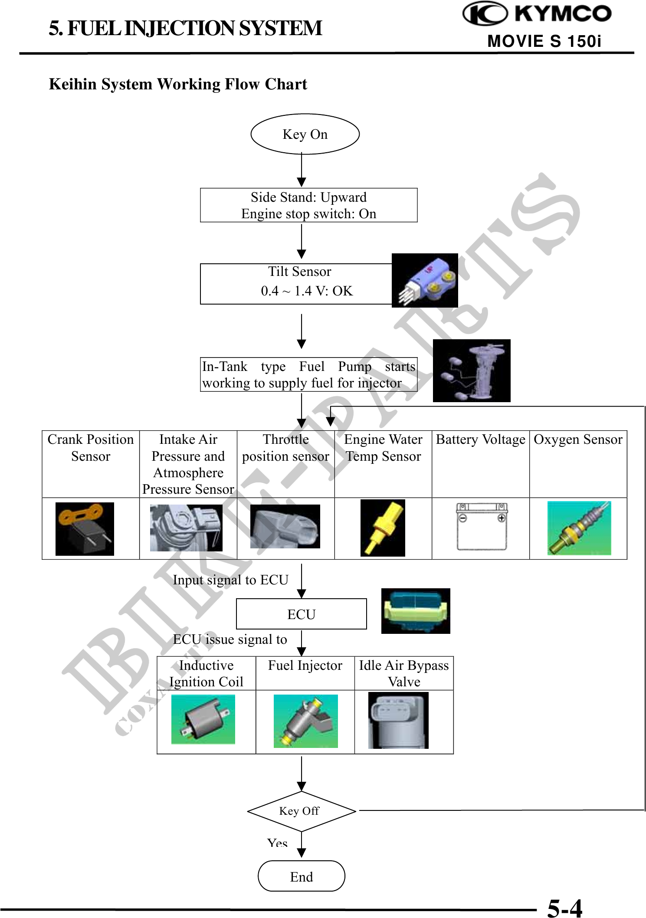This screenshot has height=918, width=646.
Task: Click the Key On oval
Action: coord(305,134)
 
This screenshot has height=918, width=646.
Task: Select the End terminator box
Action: coord(302,876)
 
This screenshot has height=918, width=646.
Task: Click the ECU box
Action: coord(301,614)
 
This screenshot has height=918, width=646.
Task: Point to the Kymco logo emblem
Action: coord(485,13)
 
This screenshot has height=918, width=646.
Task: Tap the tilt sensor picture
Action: coord(425,281)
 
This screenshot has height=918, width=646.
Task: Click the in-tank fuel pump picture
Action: coord(472,370)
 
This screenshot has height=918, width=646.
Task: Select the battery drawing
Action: coord(482,527)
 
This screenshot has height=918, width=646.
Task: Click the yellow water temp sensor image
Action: coord(383,528)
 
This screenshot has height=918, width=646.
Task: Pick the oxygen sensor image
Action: coord(579,528)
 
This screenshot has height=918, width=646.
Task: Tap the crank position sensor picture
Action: coord(85,528)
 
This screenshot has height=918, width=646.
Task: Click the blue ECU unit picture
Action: coord(416,611)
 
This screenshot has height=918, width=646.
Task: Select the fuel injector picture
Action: coord(305,721)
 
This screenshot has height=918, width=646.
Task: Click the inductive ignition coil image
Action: coord(203,719)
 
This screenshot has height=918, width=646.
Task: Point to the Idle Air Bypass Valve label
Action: coord(404,673)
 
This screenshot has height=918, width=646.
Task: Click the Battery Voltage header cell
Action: coord(480,440)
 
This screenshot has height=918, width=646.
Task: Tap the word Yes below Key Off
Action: coord(277,843)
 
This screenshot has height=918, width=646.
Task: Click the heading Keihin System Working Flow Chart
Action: coord(178,84)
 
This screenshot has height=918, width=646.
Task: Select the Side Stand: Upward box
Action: coord(308,205)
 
